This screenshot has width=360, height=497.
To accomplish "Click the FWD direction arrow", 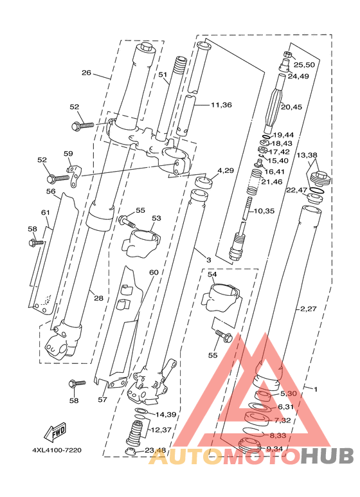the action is pyautogui.click(x=55, y=432).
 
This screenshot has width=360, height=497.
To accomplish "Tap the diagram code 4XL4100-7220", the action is pyautogui.click(x=57, y=450).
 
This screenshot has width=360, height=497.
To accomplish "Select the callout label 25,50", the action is pyautogui.click(x=304, y=65).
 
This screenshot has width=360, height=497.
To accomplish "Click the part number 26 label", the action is pyautogui.click(x=87, y=73).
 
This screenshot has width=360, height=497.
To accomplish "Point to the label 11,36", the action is pyautogui.click(x=222, y=105).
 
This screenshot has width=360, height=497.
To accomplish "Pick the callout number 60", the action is pyautogui.click(x=154, y=272).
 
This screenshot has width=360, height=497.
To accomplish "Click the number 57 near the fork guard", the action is pyautogui.click(x=102, y=400).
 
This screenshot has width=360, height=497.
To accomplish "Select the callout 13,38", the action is pyautogui.click(x=307, y=155).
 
